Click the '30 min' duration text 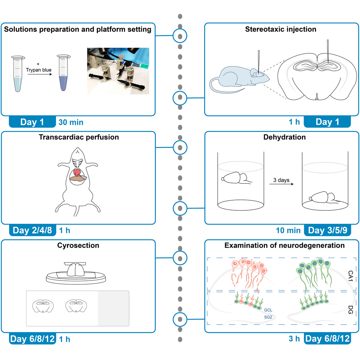(x=70, y=122)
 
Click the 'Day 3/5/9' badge (x=327, y=231)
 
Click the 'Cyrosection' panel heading (x=78, y=245)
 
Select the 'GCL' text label (x=268, y=310)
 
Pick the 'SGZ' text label (x=268, y=317)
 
